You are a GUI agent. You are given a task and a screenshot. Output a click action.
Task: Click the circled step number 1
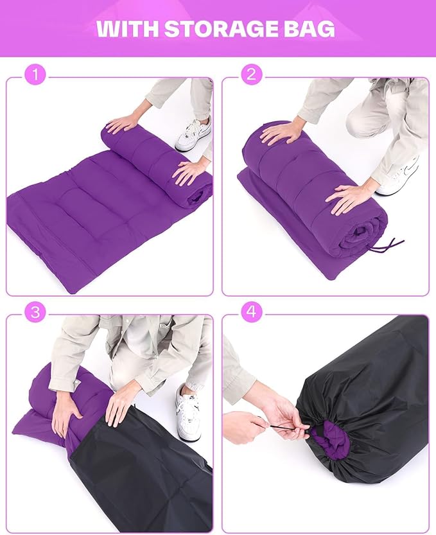pos(35,75)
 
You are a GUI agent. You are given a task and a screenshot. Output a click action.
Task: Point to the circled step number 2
pos(252,75)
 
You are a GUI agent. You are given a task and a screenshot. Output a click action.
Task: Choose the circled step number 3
pos(35,311)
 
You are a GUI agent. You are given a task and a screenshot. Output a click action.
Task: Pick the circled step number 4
pos(252,311)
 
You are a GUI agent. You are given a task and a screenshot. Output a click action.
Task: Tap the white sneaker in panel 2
pos(399,177)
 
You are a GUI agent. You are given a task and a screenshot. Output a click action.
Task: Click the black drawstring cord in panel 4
pos(289,426)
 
